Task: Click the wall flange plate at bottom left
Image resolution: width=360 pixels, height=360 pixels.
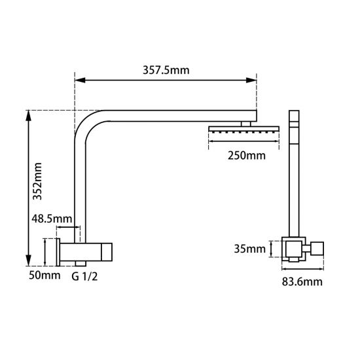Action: coord(60,251)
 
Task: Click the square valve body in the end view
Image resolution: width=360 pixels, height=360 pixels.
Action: coord(293,249)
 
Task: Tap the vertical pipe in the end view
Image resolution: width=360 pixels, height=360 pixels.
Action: coord(293,183)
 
